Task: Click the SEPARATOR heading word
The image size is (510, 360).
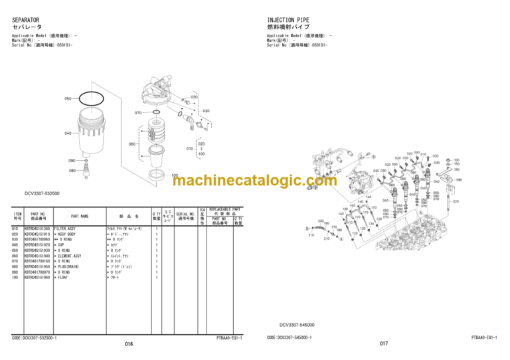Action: click(x=27, y=21)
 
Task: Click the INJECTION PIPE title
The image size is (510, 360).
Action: click(x=290, y=21)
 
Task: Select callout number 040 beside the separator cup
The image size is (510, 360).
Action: click(x=68, y=134)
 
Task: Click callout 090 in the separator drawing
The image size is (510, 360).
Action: click(x=72, y=160)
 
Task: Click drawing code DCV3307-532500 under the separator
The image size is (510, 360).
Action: click(x=41, y=193)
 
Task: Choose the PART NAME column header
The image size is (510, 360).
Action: click(x=80, y=216)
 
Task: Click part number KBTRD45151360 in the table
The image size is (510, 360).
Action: click(x=37, y=228)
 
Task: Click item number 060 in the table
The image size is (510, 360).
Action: click(x=15, y=256)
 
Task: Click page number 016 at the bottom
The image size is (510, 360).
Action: click(x=129, y=343)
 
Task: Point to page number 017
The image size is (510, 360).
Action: click(x=383, y=343)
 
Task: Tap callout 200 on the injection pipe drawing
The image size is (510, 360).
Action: click(x=321, y=221)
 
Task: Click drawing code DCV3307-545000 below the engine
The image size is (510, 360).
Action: click(x=297, y=325)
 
